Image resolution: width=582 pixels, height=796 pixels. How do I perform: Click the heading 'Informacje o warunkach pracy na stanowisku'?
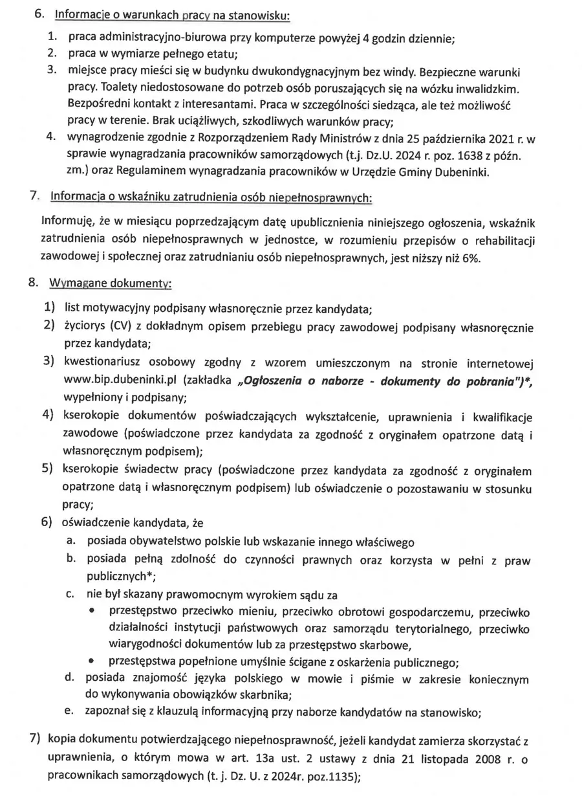(172, 14)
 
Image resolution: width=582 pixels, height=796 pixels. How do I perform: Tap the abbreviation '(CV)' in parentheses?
(122, 326)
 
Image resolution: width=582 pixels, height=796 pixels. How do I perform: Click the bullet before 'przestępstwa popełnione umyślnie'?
(94, 662)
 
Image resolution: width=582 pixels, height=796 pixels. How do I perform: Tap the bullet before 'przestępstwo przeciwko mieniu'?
(94, 612)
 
